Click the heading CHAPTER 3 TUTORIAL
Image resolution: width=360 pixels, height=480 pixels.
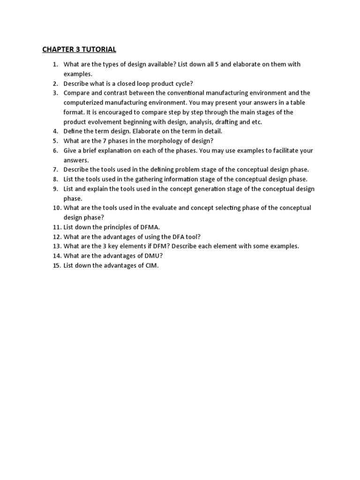tap(79, 49)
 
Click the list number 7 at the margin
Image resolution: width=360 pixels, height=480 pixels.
tap(55, 170)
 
